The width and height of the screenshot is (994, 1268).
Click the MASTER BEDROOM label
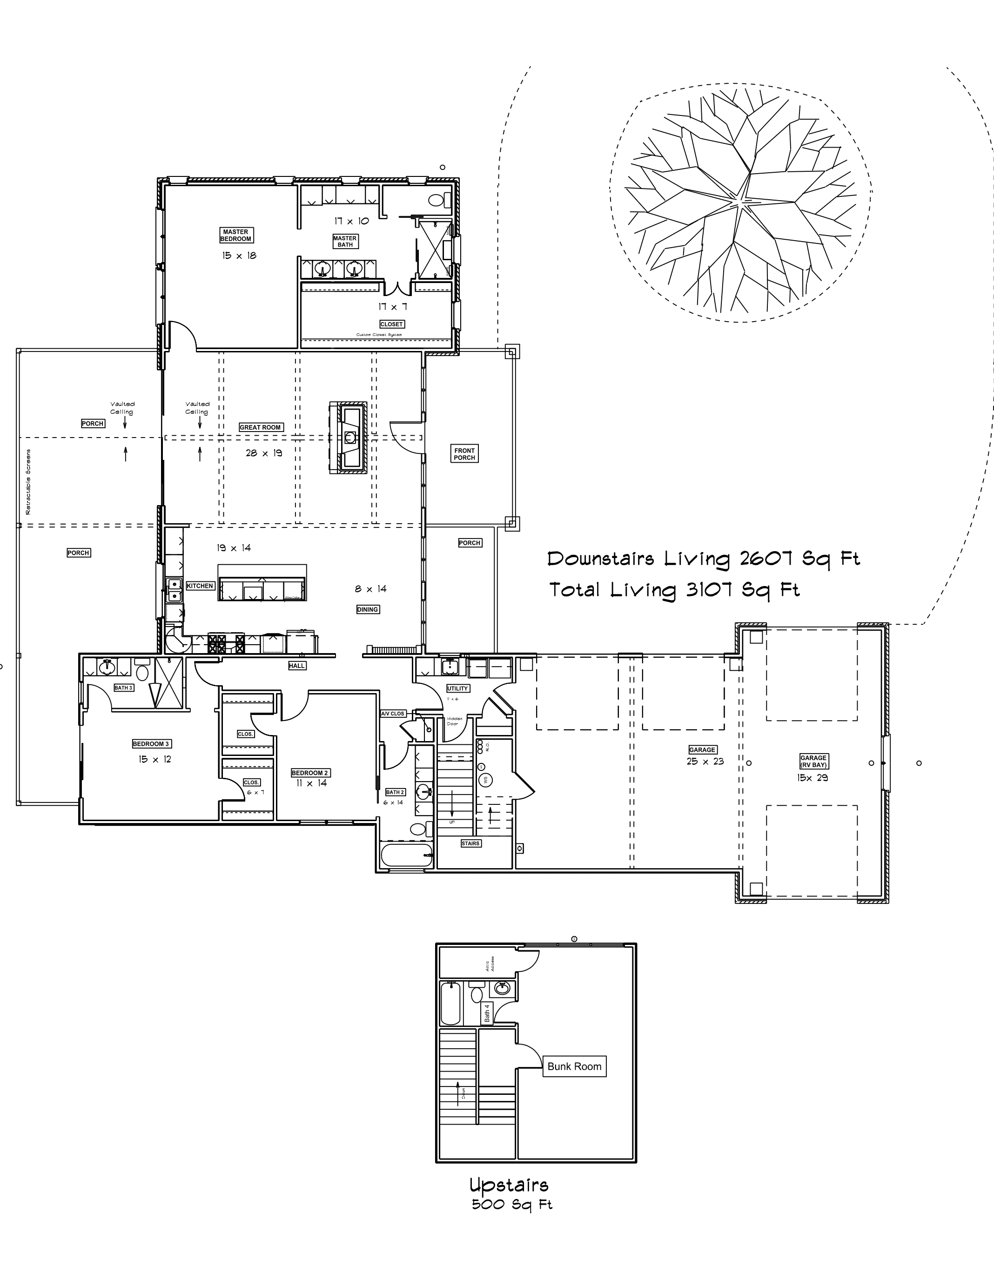click(x=235, y=235)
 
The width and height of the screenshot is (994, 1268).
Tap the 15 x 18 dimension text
click(x=239, y=256)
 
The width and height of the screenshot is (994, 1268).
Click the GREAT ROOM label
click(x=260, y=427)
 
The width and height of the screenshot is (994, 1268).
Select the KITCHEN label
click(x=200, y=586)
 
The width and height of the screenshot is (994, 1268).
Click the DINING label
click(x=367, y=609)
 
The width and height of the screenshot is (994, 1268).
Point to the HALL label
click(x=297, y=666)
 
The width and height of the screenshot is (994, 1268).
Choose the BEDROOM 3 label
click(x=151, y=743)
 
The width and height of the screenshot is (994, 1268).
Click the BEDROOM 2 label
click(x=310, y=773)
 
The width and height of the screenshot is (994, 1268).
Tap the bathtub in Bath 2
click(x=406, y=855)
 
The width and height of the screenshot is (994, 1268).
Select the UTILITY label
click(x=457, y=688)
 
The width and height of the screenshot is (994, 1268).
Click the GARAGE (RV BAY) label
click(x=813, y=762)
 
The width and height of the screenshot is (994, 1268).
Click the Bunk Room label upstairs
click(x=574, y=1066)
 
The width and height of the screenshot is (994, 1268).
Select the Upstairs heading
click(x=509, y=1185)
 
